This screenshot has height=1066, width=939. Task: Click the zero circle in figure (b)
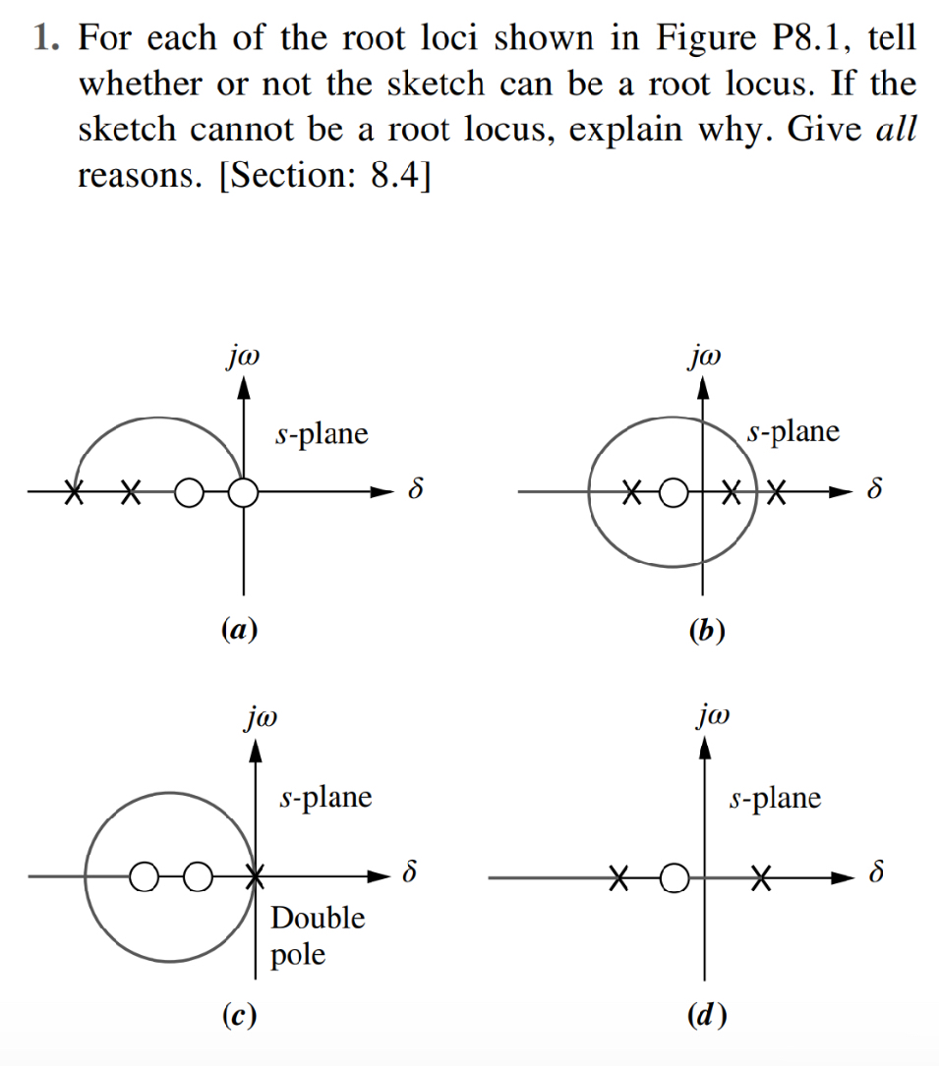[673, 491]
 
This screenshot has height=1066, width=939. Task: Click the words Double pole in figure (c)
[317, 936]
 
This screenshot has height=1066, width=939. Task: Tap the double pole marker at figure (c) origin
[255, 874]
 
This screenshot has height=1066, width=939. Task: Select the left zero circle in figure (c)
[144, 874]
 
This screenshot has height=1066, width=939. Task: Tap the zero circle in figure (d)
[673, 875]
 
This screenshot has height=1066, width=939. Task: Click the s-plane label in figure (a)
[323, 433]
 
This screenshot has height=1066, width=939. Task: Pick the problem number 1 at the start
[41, 39]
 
